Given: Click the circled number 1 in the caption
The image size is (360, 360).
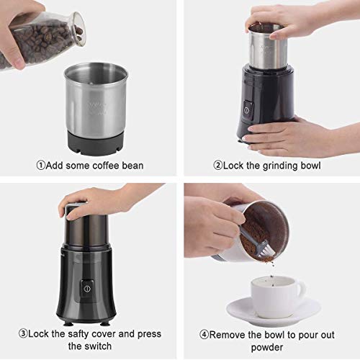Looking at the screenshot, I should tap(41, 166).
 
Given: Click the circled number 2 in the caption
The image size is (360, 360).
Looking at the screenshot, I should tap(217, 166).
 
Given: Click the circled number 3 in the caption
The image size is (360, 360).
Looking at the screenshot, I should tap(23, 333).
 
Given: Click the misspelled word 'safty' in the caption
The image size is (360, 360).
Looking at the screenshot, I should tap(81, 333).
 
